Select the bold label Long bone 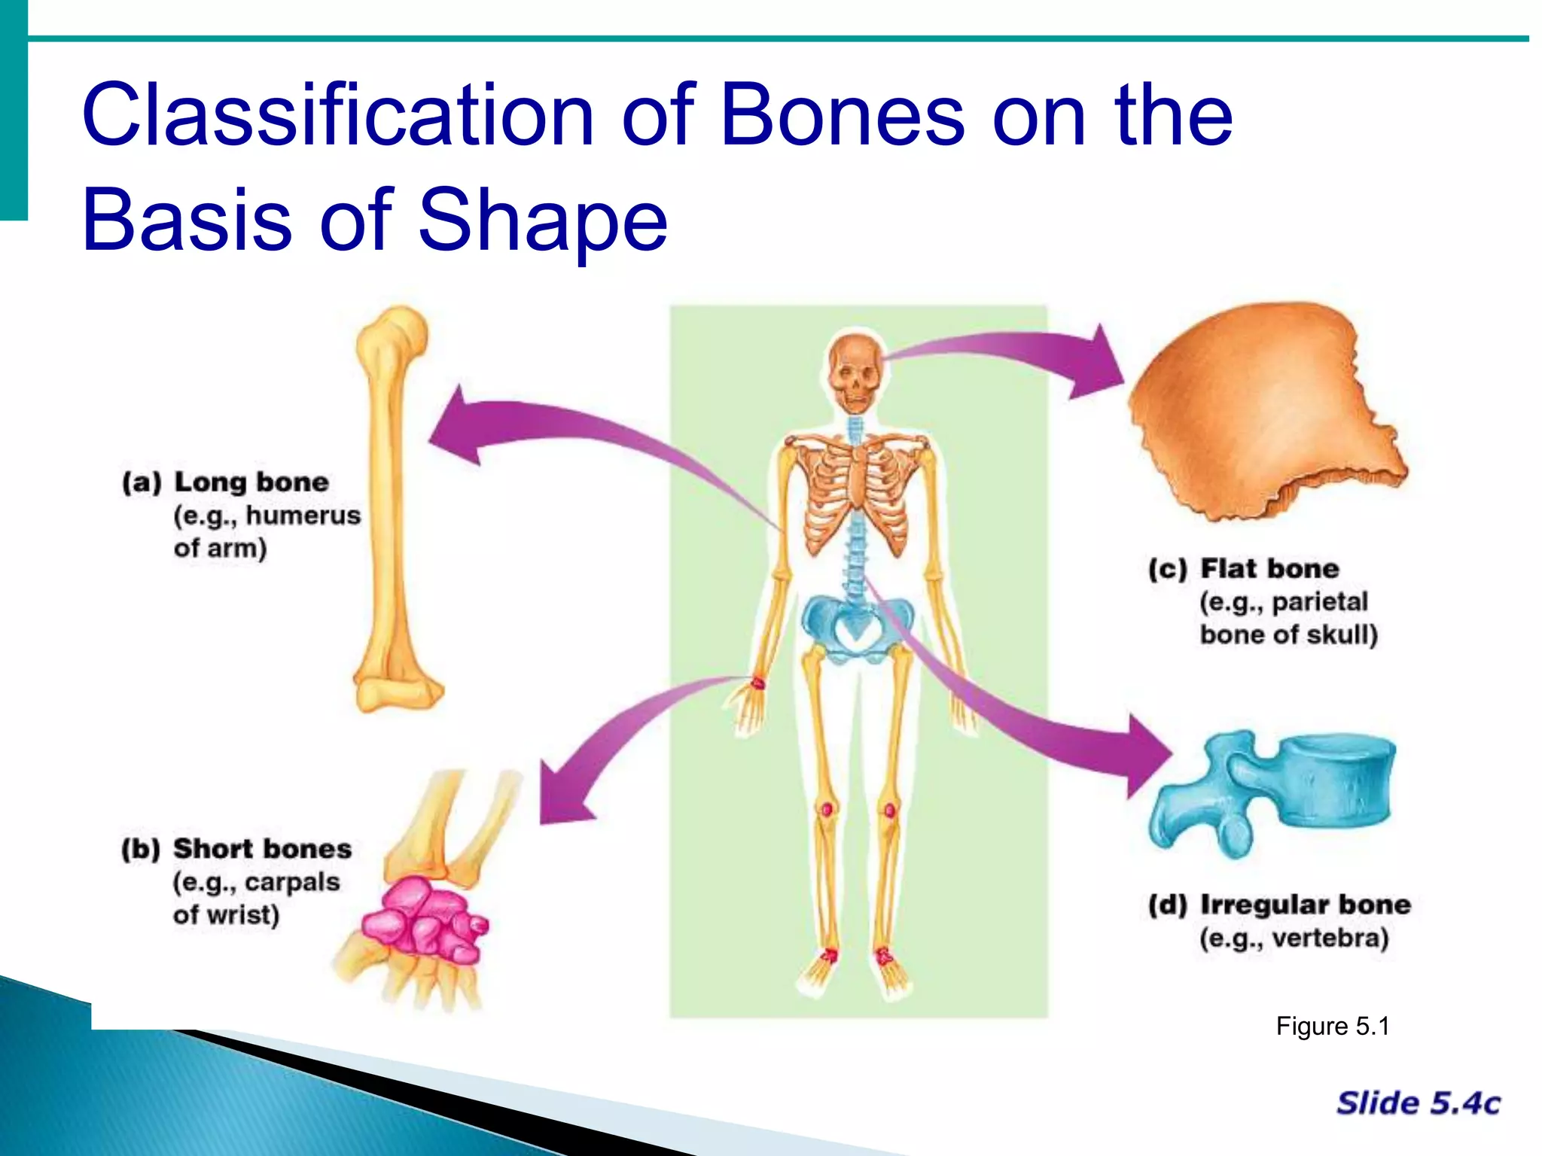pyautogui.click(x=251, y=482)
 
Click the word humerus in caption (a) pyautogui.click(x=303, y=516)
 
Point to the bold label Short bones pyautogui.click(x=262, y=849)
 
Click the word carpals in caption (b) pyautogui.click(x=292, y=882)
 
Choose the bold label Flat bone pyautogui.click(x=1269, y=569)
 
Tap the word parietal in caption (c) pyautogui.click(x=1319, y=602)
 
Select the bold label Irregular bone pyautogui.click(x=1305, y=905)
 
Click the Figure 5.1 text pyautogui.click(x=1332, y=1027)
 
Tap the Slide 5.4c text pyautogui.click(x=1418, y=1103)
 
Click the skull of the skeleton pyautogui.click(x=855, y=373)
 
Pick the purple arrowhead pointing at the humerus pyautogui.click(x=459, y=429)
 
